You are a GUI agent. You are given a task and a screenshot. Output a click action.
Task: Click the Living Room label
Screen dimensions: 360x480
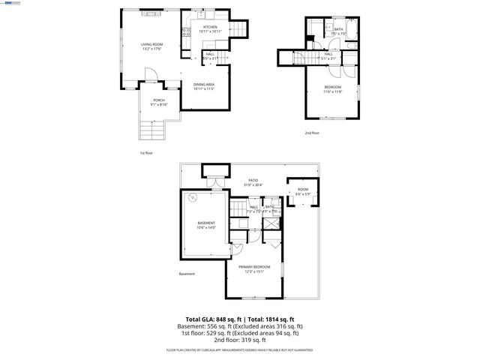click(x=152, y=45)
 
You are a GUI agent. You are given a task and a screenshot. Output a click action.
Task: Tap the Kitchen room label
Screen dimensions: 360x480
click(x=210, y=28)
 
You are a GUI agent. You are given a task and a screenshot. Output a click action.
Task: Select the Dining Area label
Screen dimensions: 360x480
click(x=204, y=84)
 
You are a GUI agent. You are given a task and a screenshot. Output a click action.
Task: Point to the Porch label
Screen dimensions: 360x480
click(x=159, y=100)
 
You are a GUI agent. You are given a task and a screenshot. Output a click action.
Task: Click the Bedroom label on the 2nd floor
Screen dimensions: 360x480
click(x=333, y=88)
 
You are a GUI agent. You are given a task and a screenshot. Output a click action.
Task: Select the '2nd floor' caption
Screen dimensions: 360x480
click(x=312, y=133)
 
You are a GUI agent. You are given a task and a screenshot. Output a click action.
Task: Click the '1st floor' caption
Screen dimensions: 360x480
click(x=147, y=153)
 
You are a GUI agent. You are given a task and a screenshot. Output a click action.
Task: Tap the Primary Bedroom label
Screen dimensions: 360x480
click(x=254, y=267)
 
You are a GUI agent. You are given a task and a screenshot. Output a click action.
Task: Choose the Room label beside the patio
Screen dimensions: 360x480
click(x=303, y=189)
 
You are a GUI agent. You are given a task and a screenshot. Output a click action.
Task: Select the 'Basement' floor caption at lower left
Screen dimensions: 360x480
click(x=187, y=274)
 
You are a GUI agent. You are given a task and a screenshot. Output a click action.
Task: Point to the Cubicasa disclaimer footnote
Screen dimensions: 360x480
click(x=240, y=350)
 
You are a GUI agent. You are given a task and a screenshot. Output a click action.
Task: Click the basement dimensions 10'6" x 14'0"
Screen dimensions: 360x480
click(x=206, y=227)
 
